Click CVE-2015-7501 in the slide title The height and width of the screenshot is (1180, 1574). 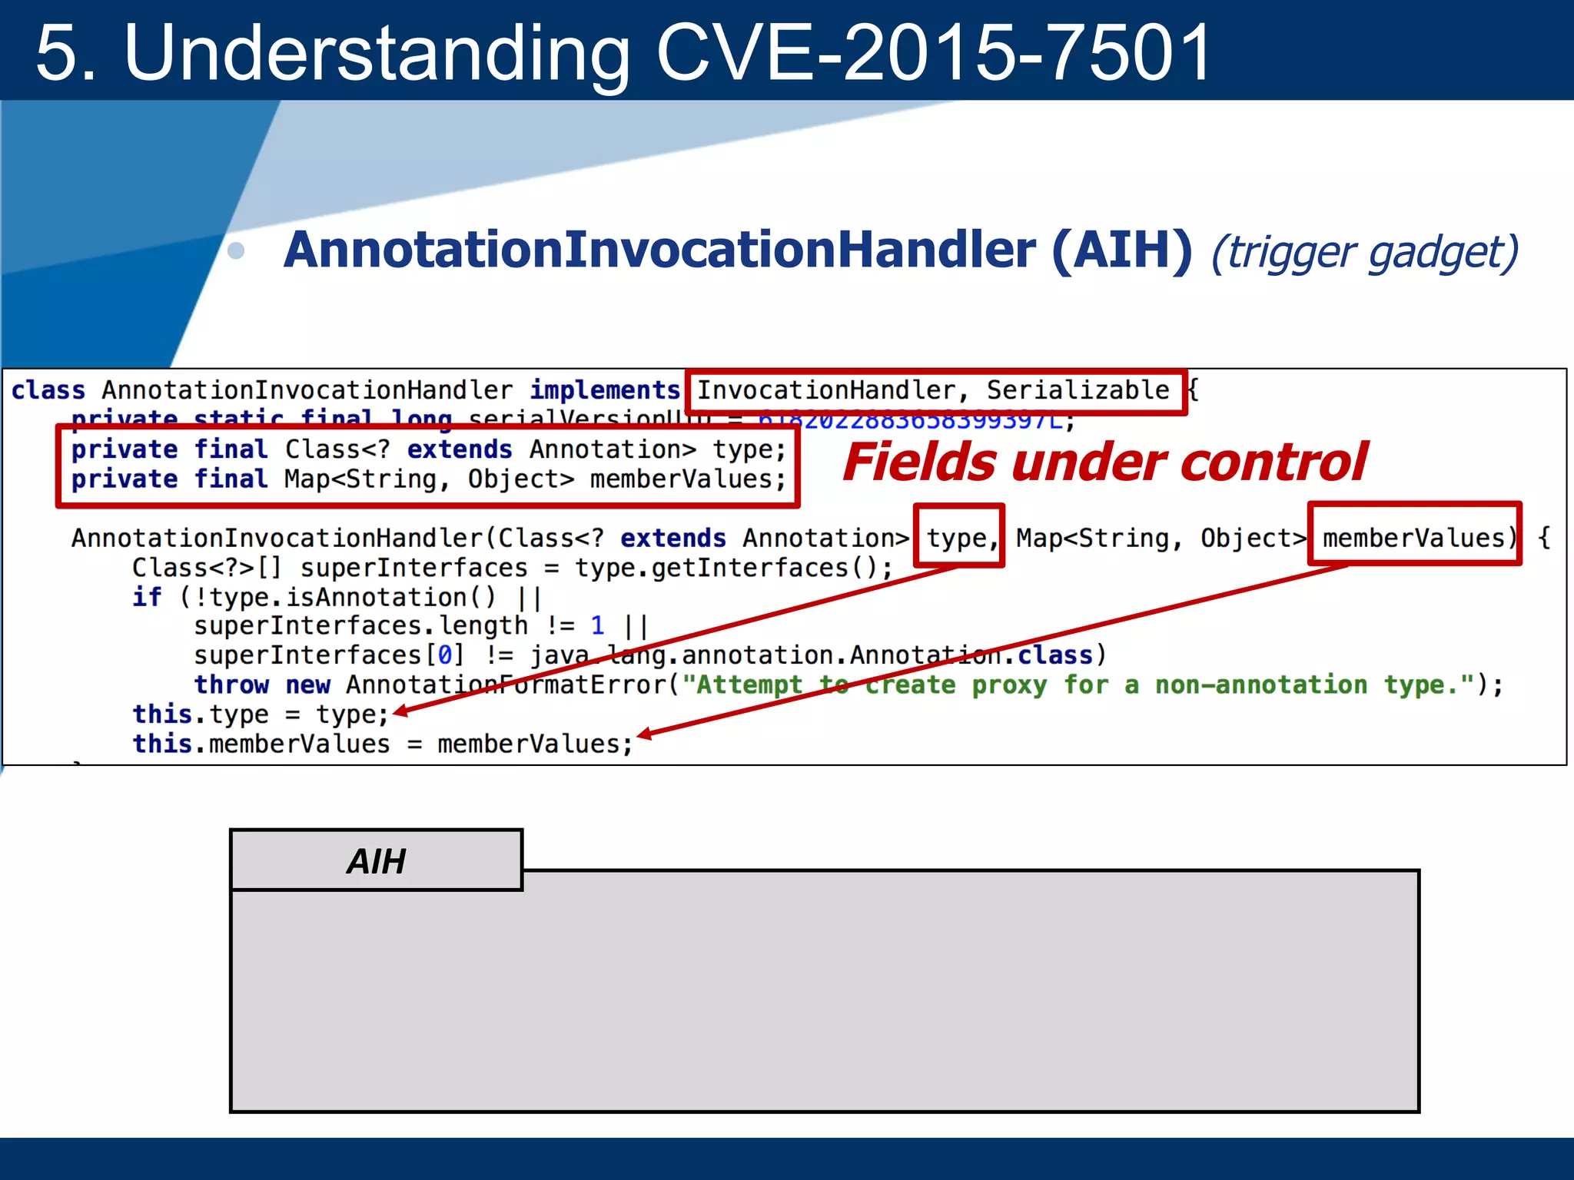click(x=934, y=52)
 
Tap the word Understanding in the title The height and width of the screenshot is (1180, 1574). click(x=377, y=52)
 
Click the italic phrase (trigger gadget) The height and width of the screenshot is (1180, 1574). click(x=1364, y=252)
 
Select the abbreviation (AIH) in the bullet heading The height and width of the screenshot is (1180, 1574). click(x=1121, y=250)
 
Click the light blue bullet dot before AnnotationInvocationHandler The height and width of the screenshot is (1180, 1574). click(x=237, y=251)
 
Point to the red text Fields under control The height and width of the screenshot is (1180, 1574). click(x=1104, y=462)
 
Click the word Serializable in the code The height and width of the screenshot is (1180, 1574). click(x=1078, y=390)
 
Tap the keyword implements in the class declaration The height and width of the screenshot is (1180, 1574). click(x=605, y=390)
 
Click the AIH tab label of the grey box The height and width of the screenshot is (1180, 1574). click(x=376, y=861)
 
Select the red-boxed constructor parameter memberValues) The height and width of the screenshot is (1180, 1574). click(x=1414, y=537)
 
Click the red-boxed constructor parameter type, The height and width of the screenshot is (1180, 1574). click(x=959, y=538)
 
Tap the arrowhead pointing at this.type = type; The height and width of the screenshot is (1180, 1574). click(x=399, y=712)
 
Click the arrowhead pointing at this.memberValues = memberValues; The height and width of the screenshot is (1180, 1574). click(x=644, y=734)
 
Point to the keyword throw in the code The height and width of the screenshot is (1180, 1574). click(x=231, y=684)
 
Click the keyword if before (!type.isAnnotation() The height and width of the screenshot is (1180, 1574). click(x=147, y=597)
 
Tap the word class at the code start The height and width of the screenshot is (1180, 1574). click(x=48, y=390)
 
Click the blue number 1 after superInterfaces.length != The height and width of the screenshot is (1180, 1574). click(x=598, y=626)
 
